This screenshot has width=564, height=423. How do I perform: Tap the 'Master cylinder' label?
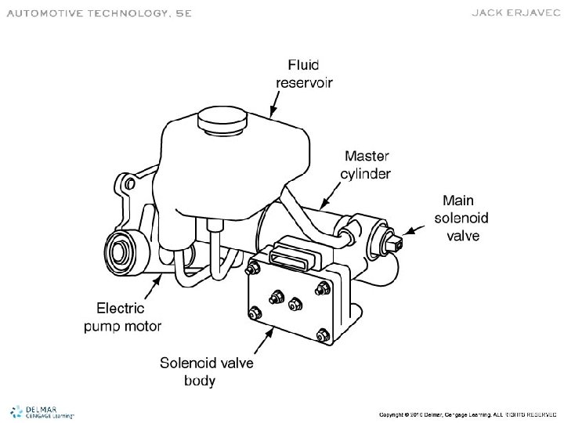[x=366, y=164]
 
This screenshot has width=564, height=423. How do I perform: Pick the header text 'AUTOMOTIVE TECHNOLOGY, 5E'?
[x=98, y=14]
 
